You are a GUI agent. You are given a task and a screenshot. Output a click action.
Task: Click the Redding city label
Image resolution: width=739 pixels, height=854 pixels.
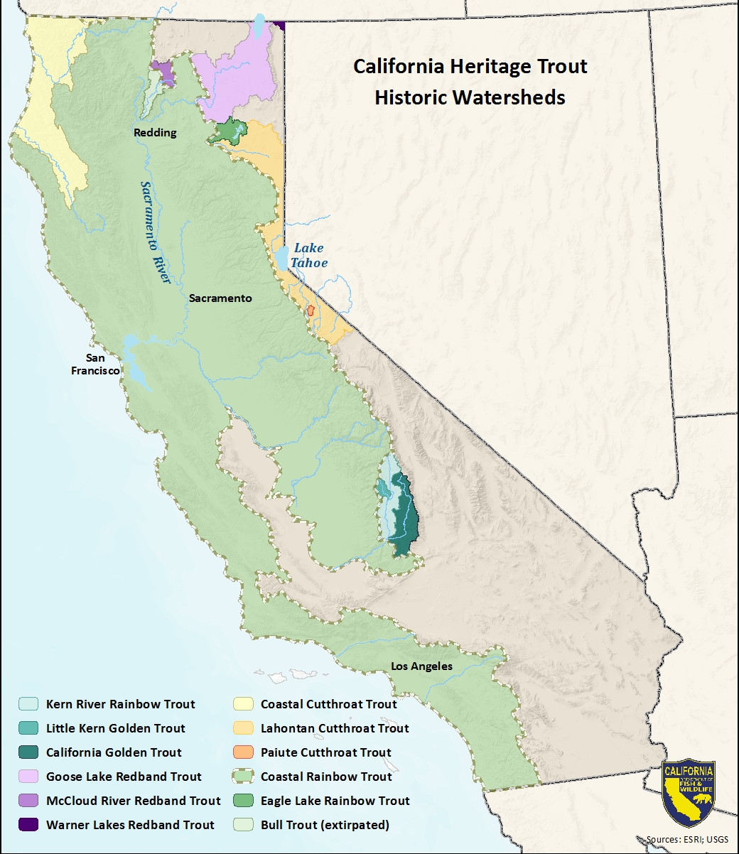point(155,133)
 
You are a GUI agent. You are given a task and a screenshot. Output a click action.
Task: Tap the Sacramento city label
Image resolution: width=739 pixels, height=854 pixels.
point(220,298)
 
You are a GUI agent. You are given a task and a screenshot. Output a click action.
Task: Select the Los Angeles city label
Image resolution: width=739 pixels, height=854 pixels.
point(421,666)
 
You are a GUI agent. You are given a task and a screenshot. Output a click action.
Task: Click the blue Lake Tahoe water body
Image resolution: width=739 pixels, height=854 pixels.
point(283,258)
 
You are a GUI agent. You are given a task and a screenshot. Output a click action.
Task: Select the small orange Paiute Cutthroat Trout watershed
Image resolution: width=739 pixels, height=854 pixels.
point(311,311)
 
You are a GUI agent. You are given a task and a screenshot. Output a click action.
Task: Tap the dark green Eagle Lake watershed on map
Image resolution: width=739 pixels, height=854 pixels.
point(230,131)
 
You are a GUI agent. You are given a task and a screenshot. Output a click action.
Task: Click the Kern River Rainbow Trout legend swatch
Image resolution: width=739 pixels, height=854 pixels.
point(28,704)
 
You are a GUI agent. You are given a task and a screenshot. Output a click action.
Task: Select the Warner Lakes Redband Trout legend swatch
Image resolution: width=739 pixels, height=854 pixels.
point(28,825)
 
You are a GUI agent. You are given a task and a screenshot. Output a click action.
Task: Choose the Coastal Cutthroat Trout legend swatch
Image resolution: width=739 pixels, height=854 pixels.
point(243,704)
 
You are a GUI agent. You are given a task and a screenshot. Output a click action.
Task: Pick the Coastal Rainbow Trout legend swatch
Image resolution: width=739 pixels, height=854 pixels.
point(243,777)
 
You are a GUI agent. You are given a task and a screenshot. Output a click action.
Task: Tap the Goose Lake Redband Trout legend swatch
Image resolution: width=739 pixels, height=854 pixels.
point(28,777)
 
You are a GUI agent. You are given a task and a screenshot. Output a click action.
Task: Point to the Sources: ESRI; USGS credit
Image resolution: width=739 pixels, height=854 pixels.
point(687,840)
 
